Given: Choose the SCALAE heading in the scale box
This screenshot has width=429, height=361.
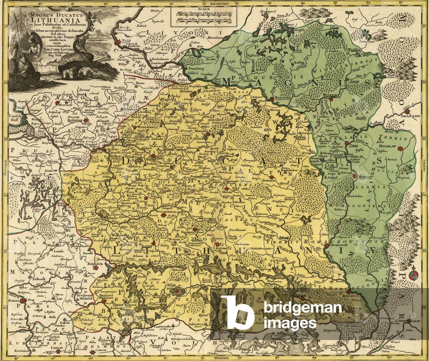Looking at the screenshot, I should click(x=204, y=12).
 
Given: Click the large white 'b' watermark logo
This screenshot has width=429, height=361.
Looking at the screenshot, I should click(x=237, y=312).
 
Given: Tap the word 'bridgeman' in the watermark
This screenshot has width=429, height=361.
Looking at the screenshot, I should click(x=302, y=309).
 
